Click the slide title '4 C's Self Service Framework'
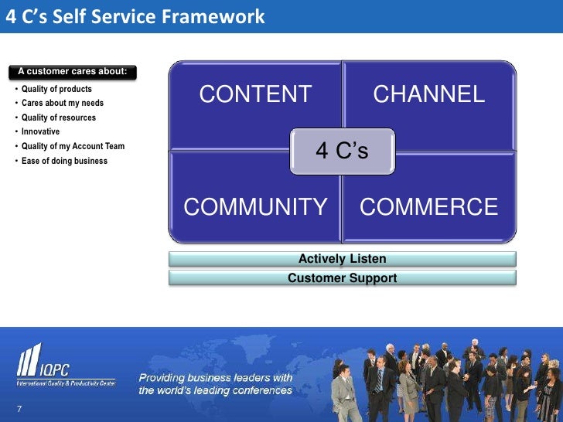click(x=135, y=16)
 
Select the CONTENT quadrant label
click(x=255, y=94)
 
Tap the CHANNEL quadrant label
click(x=429, y=94)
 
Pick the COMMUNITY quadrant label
click(x=255, y=207)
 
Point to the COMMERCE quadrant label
click(x=429, y=207)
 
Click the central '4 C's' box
click(x=342, y=151)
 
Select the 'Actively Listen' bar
click(x=342, y=259)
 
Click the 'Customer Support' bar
click(x=342, y=278)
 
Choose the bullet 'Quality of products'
click(x=56, y=89)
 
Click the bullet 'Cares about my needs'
click(x=62, y=104)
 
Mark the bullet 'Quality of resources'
click(x=59, y=117)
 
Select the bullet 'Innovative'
click(x=40, y=132)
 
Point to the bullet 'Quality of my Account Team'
click(x=73, y=146)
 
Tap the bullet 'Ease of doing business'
click(x=64, y=161)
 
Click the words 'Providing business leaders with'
click(x=215, y=378)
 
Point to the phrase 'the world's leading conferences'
click(x=215, y=390)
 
